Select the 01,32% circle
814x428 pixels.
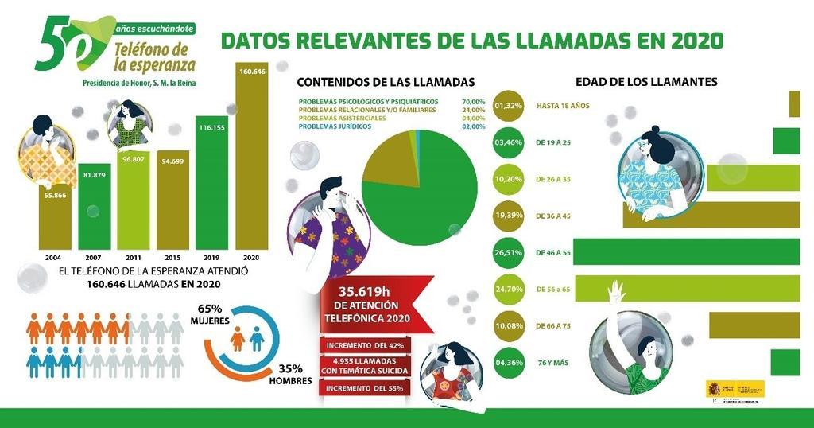pyautogui.click(x=509, y=105)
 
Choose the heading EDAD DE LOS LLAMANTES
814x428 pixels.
pyautogui.click(x=646, y=82)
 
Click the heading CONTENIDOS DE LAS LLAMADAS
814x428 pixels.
pyautogui.click(x=385, y=82)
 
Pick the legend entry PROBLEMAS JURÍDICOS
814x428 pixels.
pyautogui.click(x=335, y=126)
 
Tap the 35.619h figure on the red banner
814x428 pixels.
pyautogui.click(x=366, y=289)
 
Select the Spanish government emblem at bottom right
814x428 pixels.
pyautogui.click(x=713, y=389)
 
